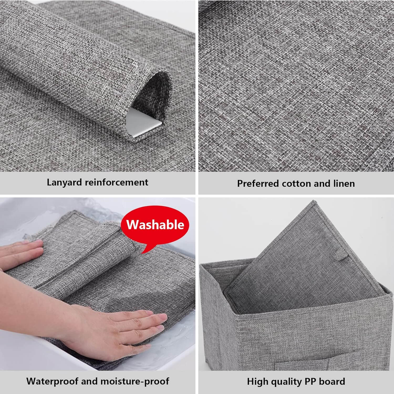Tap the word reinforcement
[x=117, y=182]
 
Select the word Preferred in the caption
[x=258, y=183]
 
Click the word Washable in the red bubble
[x=155, y=225]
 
